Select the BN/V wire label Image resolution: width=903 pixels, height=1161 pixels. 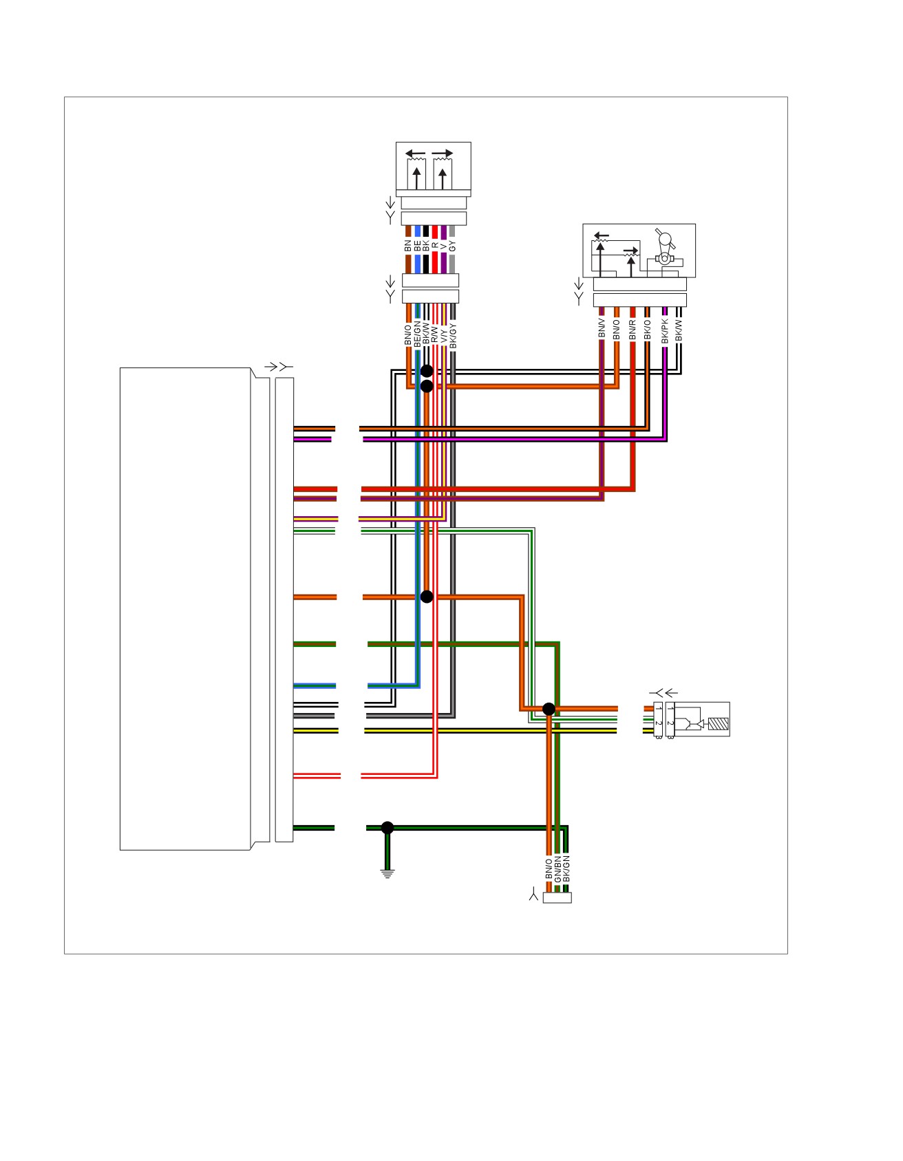(x=602, y=328)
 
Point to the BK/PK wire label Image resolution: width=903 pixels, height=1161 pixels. (x=665, y=330)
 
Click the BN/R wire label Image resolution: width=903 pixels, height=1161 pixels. (x=633, y=329)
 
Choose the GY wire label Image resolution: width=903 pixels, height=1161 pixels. (x=452, y=246)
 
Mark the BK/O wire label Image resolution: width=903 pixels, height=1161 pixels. (x=647, y=330)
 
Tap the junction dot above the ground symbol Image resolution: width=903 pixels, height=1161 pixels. (x=387, y=827)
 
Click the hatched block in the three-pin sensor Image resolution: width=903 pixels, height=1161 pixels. (x=717, y=724)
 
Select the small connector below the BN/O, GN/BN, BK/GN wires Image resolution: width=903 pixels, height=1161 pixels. (x=557, y=897)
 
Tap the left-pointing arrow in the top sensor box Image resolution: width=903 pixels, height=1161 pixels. (x=415, y=153)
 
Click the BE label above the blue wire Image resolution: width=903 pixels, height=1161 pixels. (x=417, y=245)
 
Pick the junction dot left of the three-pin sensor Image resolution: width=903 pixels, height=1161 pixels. (x=549, y=709)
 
